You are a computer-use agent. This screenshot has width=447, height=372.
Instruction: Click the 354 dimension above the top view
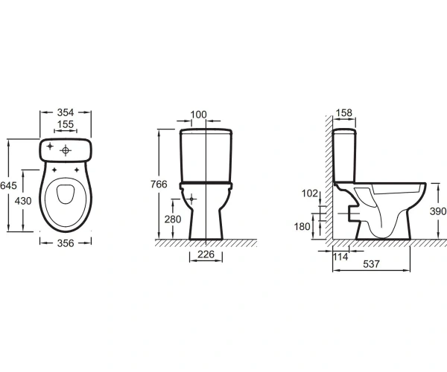point(66,112)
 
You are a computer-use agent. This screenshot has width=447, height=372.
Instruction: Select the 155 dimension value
point(66,124)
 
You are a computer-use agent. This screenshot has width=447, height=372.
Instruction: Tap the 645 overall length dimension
point(8,185)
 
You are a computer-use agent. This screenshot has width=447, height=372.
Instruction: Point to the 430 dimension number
point(23,201)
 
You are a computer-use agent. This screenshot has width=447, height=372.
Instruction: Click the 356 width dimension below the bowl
point(66,243)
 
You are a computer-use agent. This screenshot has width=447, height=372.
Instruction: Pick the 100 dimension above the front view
point(198,115)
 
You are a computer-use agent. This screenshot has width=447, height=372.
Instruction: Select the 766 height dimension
point(159,185)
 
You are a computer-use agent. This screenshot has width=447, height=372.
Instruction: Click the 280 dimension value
point(173,219)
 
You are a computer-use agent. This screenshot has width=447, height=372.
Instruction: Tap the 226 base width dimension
point(206,254)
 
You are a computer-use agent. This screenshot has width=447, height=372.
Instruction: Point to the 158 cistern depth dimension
point(344,113)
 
